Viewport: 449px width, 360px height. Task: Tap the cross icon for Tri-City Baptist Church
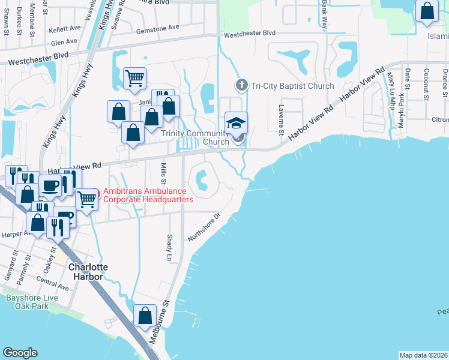(241, 85)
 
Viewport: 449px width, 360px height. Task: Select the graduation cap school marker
(237, 122)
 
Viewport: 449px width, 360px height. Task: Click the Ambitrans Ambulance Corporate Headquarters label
(148, 195)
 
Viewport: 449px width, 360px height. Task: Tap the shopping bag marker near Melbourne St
(145, 316)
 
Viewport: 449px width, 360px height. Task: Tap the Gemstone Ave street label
(158, 28)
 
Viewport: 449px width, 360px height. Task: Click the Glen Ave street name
(64, 42)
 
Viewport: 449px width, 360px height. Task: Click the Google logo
(20, 353)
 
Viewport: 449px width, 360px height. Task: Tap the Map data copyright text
(424, 355)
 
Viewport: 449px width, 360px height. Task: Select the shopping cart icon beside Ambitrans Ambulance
(87, 199)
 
